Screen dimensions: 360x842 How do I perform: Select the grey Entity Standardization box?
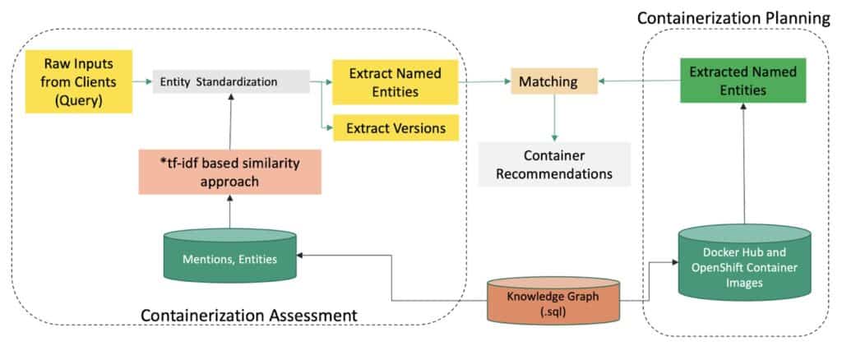231,81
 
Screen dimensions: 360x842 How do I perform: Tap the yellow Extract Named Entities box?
395,81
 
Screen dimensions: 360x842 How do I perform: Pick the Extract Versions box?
395,128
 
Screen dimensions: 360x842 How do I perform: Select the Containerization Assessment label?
248,316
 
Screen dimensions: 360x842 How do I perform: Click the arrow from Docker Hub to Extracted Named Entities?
744,164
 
